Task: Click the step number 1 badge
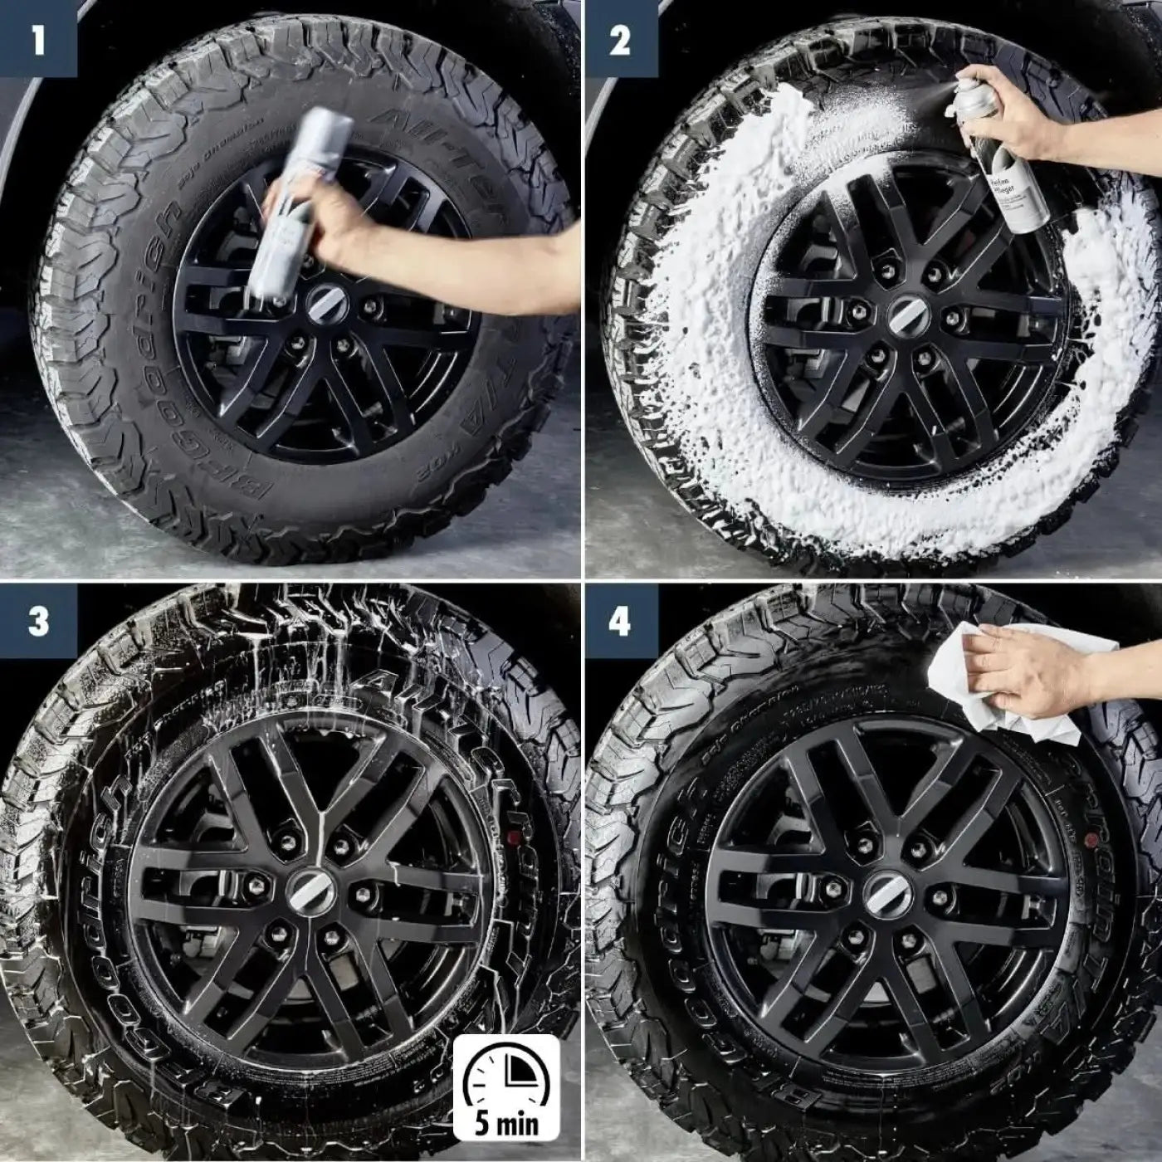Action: pos(38,39)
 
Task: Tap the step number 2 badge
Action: pos(621,39)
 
